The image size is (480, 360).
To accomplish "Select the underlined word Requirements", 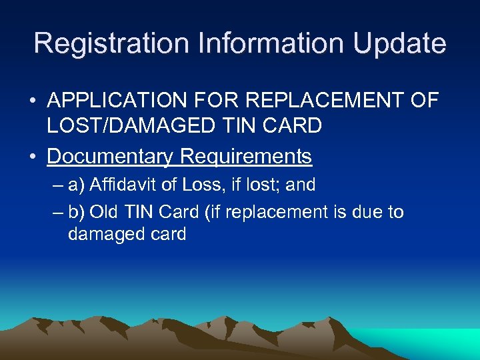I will pos(246,156).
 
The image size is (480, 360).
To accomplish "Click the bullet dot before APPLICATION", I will pos(32,101).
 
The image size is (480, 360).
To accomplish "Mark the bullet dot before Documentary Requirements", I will pos(32,157).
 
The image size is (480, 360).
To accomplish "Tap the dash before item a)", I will pos(56,185).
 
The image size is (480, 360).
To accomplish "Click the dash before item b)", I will pos(56,213).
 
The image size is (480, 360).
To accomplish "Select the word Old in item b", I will pos(103,212).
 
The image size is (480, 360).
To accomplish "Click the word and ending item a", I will pos(299,184).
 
